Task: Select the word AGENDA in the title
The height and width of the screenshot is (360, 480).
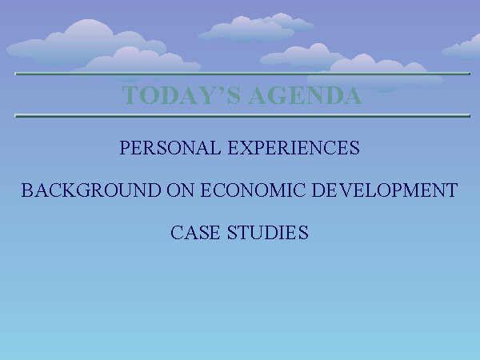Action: point(306,95)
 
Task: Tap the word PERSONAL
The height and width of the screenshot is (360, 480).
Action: point(170,147)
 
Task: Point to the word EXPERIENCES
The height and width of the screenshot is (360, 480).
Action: point(294,147)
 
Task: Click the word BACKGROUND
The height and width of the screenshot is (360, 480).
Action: point(91,190)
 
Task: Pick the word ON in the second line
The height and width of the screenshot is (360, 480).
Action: point(180,190)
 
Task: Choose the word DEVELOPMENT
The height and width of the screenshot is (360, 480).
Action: point(385,190)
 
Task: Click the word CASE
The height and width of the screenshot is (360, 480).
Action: point(195,232)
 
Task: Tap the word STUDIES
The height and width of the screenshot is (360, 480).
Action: point(268,232)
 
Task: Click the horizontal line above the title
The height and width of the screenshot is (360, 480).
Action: point(242,74)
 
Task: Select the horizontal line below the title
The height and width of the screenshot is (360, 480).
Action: point(242,116)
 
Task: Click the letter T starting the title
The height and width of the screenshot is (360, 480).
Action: point(130,95)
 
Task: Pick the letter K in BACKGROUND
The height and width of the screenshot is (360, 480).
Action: point(69,190)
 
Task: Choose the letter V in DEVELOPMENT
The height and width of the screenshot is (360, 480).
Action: point(345,190)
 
